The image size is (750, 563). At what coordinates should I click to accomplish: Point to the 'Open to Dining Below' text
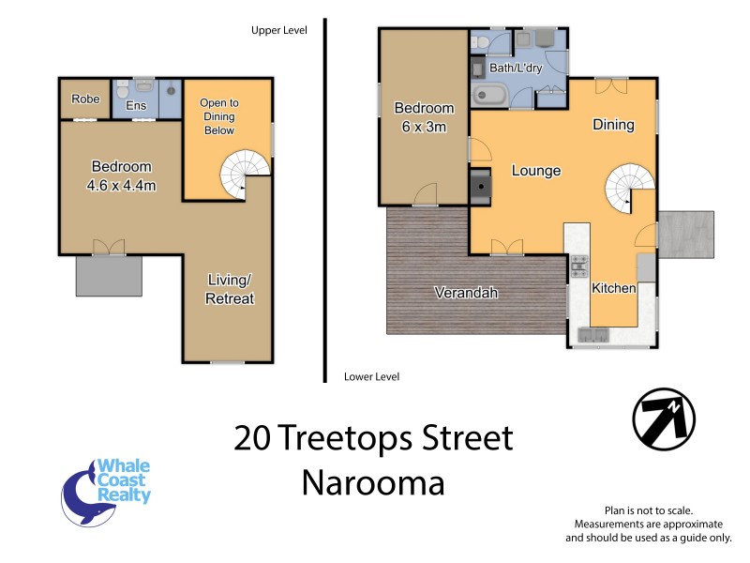(x=220, y=116)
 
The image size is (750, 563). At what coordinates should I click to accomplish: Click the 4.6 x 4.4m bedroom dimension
(x=120, y=185)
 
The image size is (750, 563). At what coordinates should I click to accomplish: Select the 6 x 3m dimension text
(x=424, y=128)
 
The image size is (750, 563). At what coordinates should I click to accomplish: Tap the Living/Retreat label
(x=230, y=289)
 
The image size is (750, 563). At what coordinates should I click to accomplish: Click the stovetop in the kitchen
(x=579, y=266)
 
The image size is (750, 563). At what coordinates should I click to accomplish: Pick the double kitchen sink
(x=593, y=334)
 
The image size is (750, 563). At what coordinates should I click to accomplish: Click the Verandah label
(x=465, y=293)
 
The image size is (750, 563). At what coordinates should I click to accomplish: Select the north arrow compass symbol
(x=664, y=417)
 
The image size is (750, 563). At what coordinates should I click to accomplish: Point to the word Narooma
(x=373, y=482)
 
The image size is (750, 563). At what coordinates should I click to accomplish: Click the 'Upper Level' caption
(x=278, y=30)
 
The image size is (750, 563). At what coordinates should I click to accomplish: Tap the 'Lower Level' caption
(x=371, y=376)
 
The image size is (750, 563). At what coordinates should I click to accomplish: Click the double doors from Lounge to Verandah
(x=507, y=248)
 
